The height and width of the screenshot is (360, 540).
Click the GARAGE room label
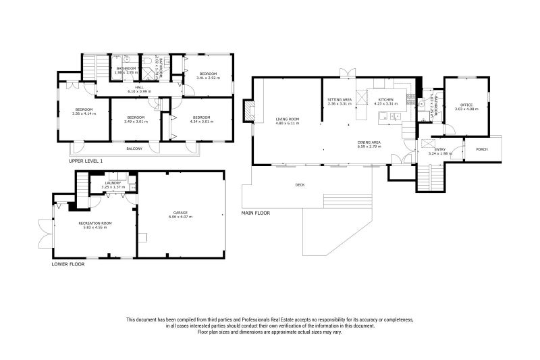pos(180,212)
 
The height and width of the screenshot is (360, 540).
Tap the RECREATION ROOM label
pos(94,223)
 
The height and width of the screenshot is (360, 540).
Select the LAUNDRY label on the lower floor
pos(113,182)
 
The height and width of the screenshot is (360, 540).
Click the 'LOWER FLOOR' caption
pos(68,264)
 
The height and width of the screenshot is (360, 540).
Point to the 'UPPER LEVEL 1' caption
pos(86,161)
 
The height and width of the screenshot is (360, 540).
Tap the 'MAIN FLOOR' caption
pos(256,213)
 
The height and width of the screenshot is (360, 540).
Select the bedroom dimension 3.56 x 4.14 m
pos(84,113)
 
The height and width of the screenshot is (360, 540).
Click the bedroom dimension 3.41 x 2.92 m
pos(208,78)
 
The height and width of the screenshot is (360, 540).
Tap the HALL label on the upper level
pos(139,87)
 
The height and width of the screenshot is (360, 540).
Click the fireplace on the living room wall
pos(250,111)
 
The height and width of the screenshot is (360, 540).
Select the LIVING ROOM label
pos(287,119)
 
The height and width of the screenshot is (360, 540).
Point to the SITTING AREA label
pos(340,99)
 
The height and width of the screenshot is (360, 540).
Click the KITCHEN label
pos(385,99)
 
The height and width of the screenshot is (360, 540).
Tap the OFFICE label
pos(465,105)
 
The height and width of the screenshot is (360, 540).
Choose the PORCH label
pos(481,149)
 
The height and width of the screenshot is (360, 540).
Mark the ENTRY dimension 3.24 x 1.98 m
pos(439,154)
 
